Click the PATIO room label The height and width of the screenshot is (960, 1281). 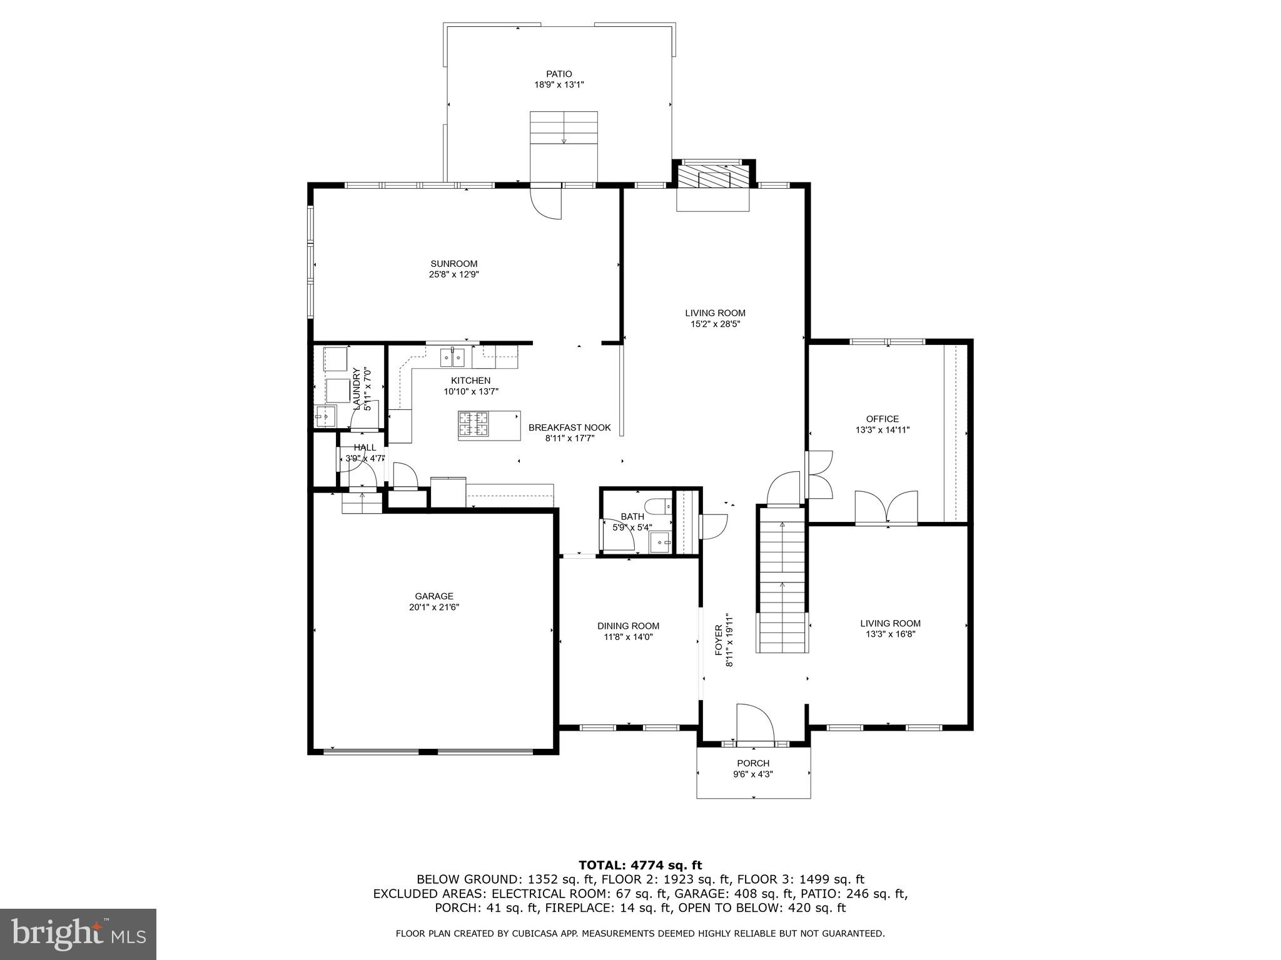[559, 74]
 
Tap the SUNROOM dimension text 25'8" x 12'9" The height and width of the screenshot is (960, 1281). [453, 274]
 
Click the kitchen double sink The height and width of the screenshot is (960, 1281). [453, 357]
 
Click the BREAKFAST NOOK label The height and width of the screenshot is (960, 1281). [569, 428]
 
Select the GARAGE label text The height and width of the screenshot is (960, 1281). [433, 596]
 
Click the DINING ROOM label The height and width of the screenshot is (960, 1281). [628, 626]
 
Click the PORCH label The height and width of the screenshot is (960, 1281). [753, 763]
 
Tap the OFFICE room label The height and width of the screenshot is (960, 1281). [882, 419]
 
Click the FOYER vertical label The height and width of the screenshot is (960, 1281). [719, 639]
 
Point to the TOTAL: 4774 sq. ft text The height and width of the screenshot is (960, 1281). [640, 865]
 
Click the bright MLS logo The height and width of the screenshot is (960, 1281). [78, 934]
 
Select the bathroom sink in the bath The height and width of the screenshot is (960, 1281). [660, 541]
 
